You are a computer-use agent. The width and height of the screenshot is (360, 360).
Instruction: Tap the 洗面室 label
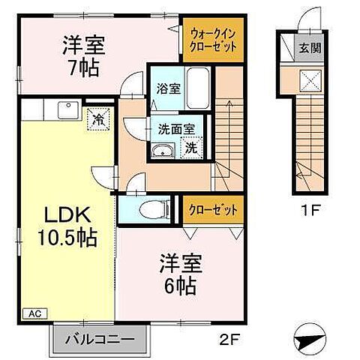point(169,129)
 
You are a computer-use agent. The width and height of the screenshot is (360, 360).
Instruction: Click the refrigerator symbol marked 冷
point(97,117)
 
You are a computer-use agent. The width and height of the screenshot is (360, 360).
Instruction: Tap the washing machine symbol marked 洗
point(191,148)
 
